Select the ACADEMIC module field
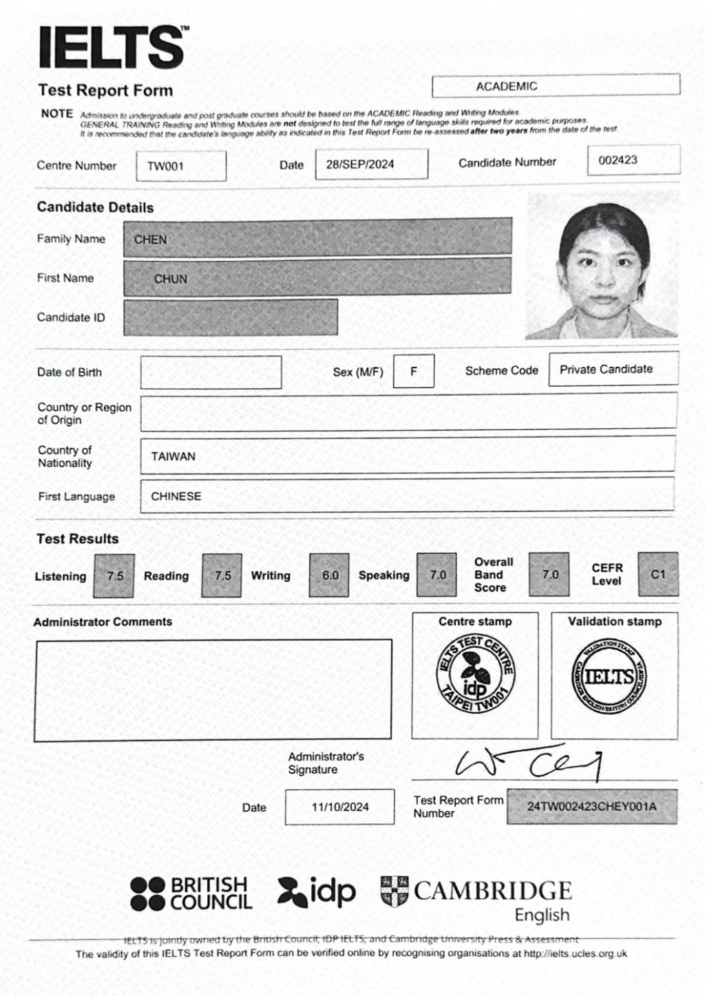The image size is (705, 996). click(x=556, y=86)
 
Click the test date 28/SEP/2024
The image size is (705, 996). click(x=371, y=165)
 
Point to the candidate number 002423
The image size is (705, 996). click(x=633, y=160)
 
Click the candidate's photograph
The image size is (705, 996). click(x=602, y=265)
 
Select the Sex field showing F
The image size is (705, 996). click(x=414, y=371)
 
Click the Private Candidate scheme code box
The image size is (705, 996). click(x=613, y=369)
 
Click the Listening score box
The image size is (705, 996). click(x=115, y=575)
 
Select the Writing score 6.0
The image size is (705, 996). click(x=330, y=575)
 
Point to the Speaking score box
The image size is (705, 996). click(x=437, y=575)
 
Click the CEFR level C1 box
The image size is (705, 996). click(x=657, y=573)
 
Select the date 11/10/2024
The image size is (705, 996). click(x=340, y=807)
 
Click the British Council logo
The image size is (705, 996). click(x=191, y=893)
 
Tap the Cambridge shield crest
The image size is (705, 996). click(x=394, y=891)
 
